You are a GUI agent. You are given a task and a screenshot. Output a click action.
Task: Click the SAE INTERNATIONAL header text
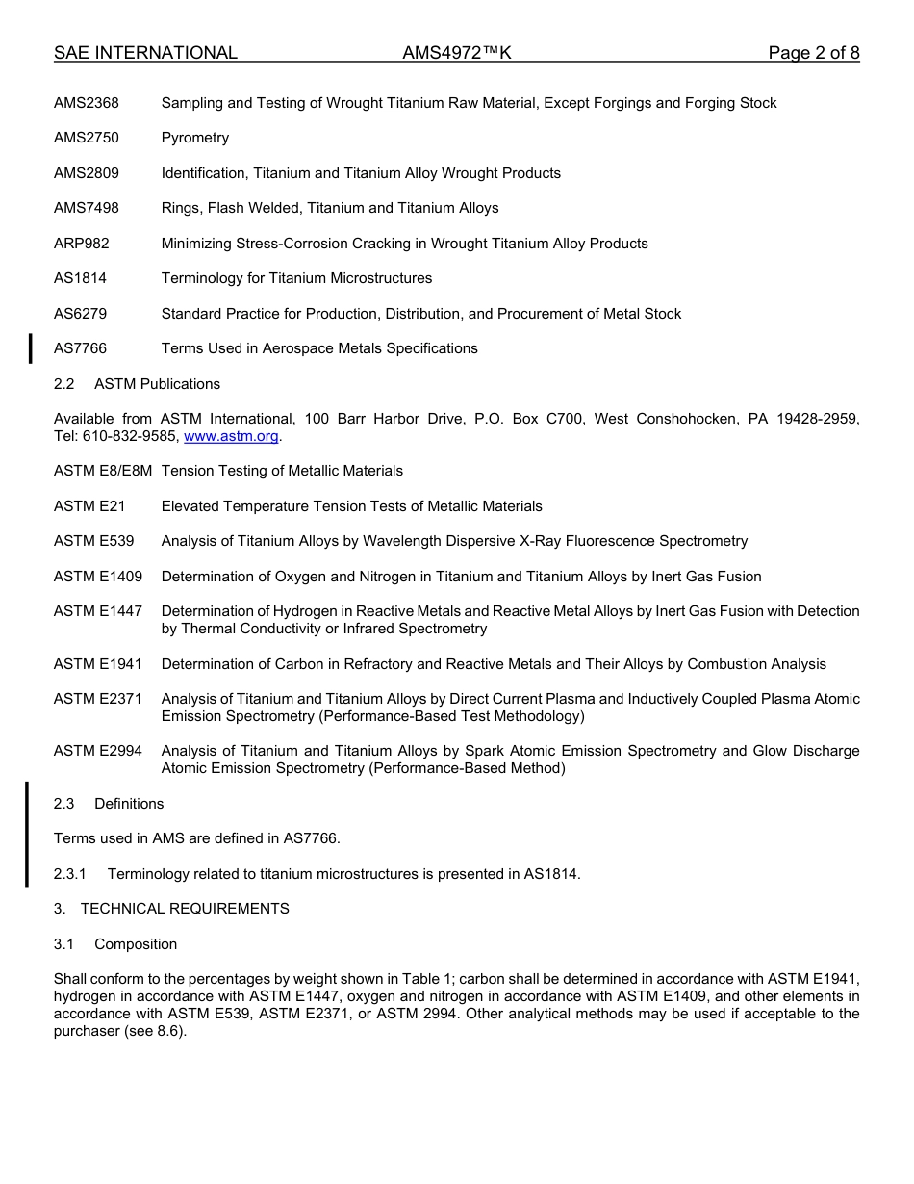145,53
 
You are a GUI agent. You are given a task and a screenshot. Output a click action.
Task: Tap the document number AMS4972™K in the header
456,53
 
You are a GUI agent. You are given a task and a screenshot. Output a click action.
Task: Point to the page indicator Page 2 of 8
813,53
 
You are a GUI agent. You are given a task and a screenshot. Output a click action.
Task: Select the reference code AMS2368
87,103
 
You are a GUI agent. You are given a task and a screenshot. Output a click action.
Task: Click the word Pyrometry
195,138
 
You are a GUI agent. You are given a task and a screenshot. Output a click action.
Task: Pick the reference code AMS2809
87,173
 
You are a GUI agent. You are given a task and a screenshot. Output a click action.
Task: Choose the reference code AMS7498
87,208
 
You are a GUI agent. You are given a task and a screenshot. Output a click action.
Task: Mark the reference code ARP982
82,244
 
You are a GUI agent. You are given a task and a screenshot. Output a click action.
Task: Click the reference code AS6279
81,314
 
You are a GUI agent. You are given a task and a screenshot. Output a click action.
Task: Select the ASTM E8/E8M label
103,471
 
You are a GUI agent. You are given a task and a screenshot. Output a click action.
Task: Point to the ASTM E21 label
89,506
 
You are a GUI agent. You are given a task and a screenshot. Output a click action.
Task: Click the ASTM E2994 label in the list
98,751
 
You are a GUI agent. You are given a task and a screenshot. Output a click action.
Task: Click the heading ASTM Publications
157,384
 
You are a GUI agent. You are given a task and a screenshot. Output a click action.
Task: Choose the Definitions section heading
129,804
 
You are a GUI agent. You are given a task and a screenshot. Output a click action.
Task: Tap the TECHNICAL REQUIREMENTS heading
185,909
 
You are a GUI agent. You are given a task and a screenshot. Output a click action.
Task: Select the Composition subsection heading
136,944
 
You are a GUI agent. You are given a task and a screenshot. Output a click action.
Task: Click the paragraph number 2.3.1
70,874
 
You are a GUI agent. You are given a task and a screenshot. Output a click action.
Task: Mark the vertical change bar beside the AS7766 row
30,348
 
